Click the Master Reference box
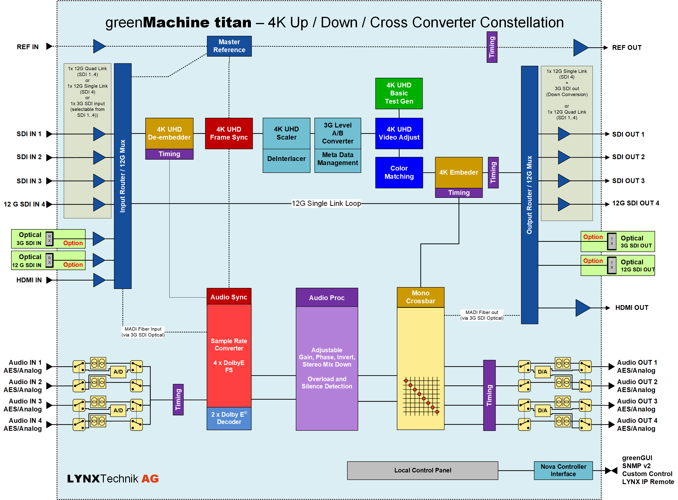point(229,46)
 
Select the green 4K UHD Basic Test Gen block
point(399,93)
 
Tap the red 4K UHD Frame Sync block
point(229,133)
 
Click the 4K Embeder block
point(459,173)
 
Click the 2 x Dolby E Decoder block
point(229,418)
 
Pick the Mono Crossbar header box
point(421,297)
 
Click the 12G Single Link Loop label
point(326,203)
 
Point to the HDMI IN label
point(29,280)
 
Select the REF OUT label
point(627,48)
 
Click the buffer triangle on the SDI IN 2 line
point(99,157)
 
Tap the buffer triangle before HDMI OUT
point(582,308)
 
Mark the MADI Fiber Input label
point(143,332)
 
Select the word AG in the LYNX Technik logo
point(150,479)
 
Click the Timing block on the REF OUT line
point(492,47)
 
